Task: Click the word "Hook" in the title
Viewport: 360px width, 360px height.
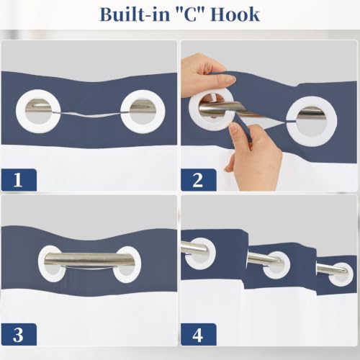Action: click(235, 14)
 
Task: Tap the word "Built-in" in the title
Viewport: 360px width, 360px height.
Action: click(135, 14)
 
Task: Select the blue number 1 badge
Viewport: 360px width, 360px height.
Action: click(19, 180)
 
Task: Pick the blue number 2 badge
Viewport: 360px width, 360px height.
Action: click(198, 180)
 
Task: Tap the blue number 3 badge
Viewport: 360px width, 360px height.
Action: click(19, 334)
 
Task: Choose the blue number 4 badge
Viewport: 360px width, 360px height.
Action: click(198, 334)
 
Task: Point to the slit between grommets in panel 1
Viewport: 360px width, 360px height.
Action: click(90, 114)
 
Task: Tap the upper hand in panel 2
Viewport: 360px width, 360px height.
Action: click(207, 77)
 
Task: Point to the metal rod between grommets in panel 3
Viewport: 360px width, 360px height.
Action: click(90, 259)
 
